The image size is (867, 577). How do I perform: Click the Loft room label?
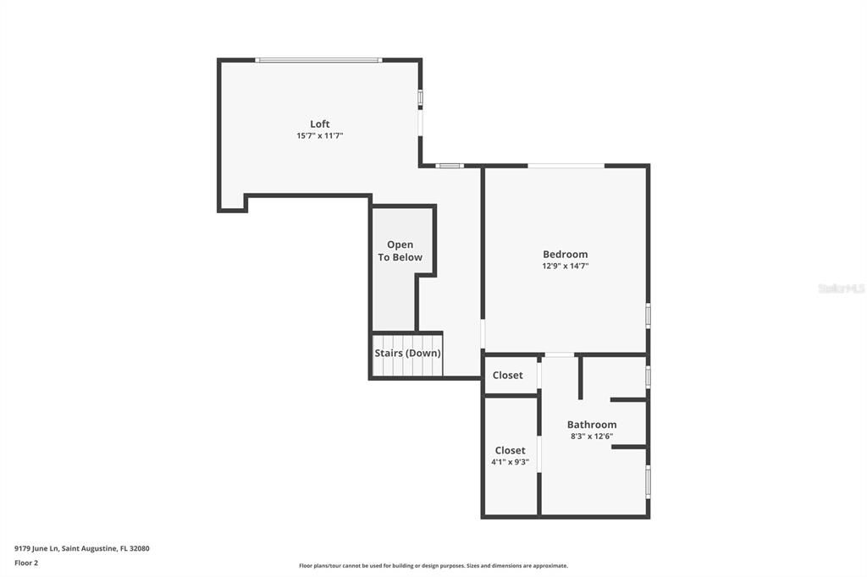coord(319,124)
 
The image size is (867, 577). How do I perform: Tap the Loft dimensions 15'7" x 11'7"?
coord(319,135)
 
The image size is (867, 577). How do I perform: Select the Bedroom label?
coord(565,254)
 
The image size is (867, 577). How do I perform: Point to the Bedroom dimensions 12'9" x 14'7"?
coord(565,266)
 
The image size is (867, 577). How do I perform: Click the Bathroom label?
coord(592,425)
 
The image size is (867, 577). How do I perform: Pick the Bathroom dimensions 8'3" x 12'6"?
coord(592,437)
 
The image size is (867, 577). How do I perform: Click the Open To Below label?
coord(400,251)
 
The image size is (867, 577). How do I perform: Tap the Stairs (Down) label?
coord(407,354)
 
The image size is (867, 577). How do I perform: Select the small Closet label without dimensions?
coord(508,375)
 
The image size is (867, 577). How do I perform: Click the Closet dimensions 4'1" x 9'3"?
coord(510,462)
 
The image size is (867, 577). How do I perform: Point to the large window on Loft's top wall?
coord(318,60)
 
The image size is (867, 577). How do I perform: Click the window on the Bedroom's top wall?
coord(566,166)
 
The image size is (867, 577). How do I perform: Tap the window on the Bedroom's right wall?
coord(648,316)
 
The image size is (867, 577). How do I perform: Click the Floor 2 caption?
coord(26,562)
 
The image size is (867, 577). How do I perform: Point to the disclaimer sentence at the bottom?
coord(433,566)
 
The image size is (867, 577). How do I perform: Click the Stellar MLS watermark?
coord(841,288)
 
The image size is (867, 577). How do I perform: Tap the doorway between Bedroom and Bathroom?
coord(559,354)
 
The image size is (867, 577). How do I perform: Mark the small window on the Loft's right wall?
coord(420,98)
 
